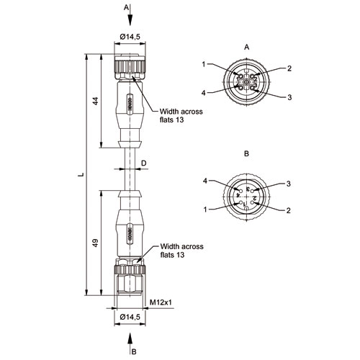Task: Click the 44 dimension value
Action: click(96, 101)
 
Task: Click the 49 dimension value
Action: click(96, 243)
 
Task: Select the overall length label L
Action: click(81, 174)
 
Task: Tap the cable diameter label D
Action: click(143, 163)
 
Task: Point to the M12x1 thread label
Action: click(161, 302)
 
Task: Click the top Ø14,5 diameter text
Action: click(130, 37)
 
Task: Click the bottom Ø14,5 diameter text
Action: click(130, 317)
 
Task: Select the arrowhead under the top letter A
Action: click(130, 20)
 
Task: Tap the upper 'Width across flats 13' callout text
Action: click(181, 115)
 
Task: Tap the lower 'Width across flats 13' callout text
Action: click(181, 251)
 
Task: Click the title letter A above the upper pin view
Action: click(246, 48)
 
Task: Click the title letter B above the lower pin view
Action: click(246, 153)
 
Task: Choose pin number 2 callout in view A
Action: click(289, 68)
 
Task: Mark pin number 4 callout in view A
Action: click(204, 93)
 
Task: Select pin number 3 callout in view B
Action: click(289, 184)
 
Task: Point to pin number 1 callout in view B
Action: click(205, 210)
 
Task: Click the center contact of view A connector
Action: click(246, 82)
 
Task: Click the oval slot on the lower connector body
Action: click(130, 233)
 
